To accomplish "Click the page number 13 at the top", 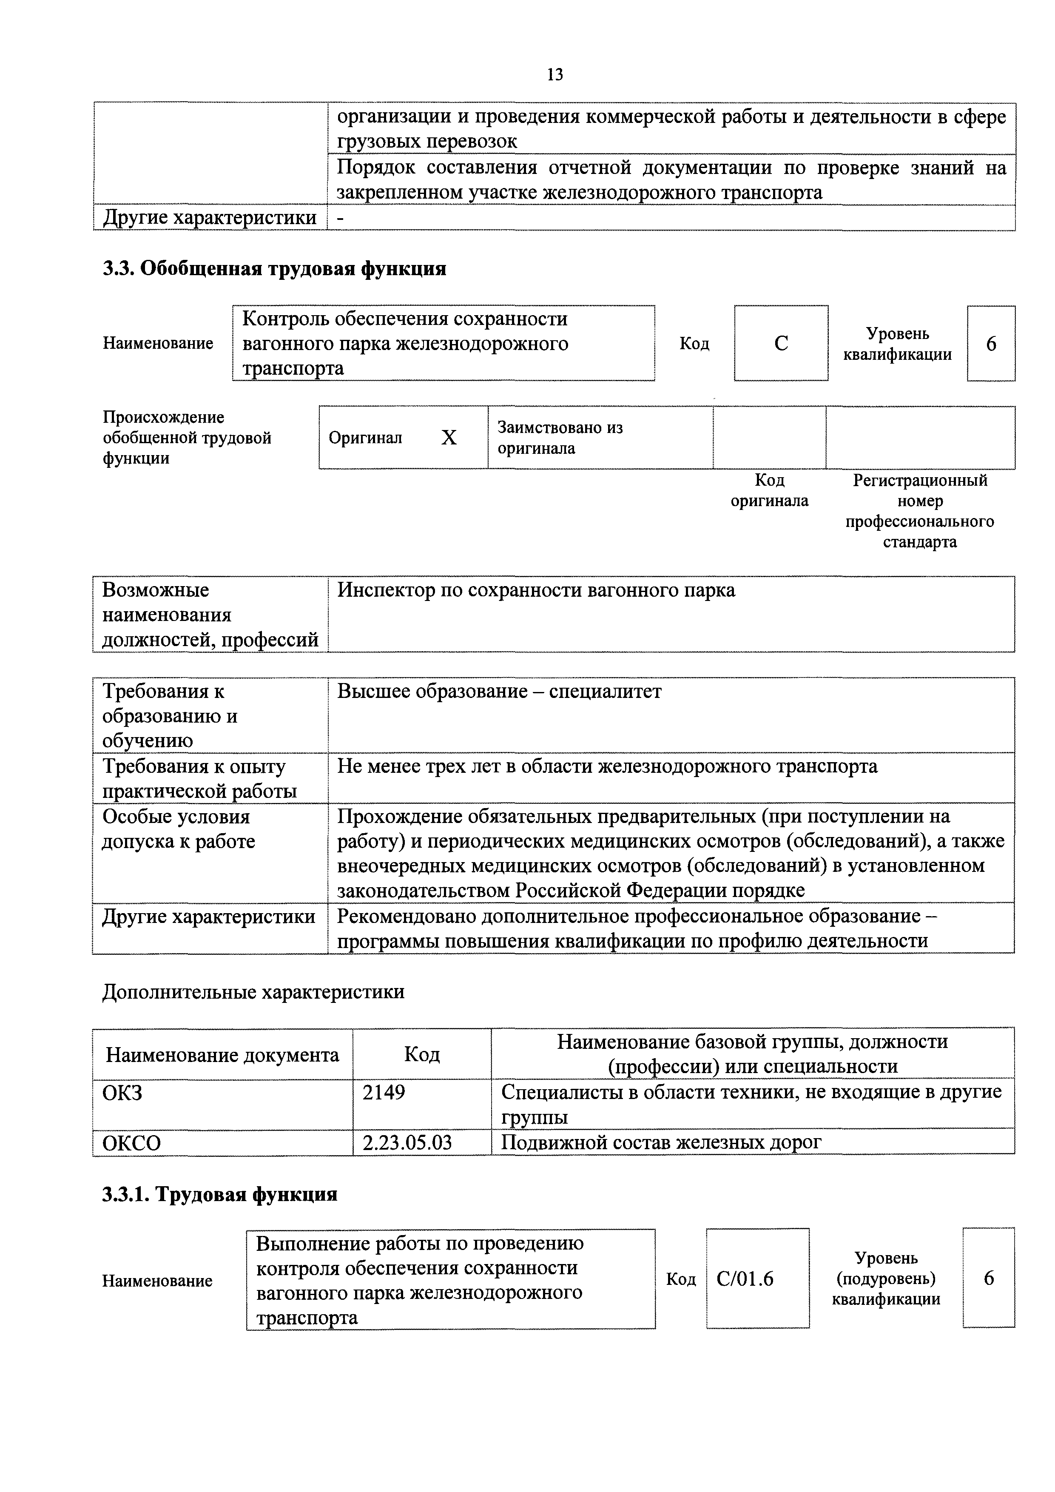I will pos(555,75).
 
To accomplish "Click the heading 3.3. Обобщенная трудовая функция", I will pos(274,268).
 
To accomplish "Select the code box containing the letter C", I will pos(781,343).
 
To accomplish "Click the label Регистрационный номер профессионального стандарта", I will pos(919,511).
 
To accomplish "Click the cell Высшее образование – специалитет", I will pos(499,692).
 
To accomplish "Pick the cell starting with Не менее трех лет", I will pos(607,767).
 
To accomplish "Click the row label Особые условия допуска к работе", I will pos(179,829).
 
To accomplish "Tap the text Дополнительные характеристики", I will pos(253,992).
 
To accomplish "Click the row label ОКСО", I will pos(132,1143).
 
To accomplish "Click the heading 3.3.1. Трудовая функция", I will pos(219,1194).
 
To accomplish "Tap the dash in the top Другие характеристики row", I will pos(341,218).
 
